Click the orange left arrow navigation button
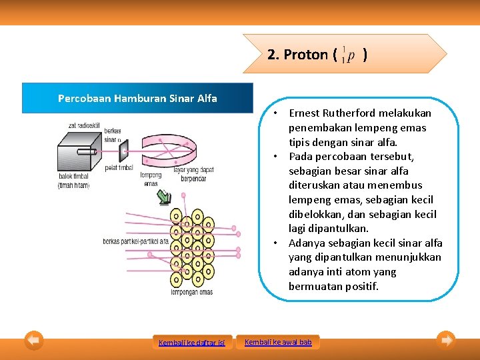tap(34, 341)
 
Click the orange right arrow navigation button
tap(446, 341)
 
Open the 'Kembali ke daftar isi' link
tap(192, 343)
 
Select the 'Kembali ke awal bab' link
tap(278, 342)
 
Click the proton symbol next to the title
tap(347, 55)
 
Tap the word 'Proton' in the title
tap(306, 55)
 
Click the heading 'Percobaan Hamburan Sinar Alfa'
tap(137, 98)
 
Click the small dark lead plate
tap(123, 153)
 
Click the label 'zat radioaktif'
tap(84, 125)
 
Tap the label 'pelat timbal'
tap(120, 168)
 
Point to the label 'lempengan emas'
tap(192, 292)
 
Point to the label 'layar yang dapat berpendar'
tap(193, 174)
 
